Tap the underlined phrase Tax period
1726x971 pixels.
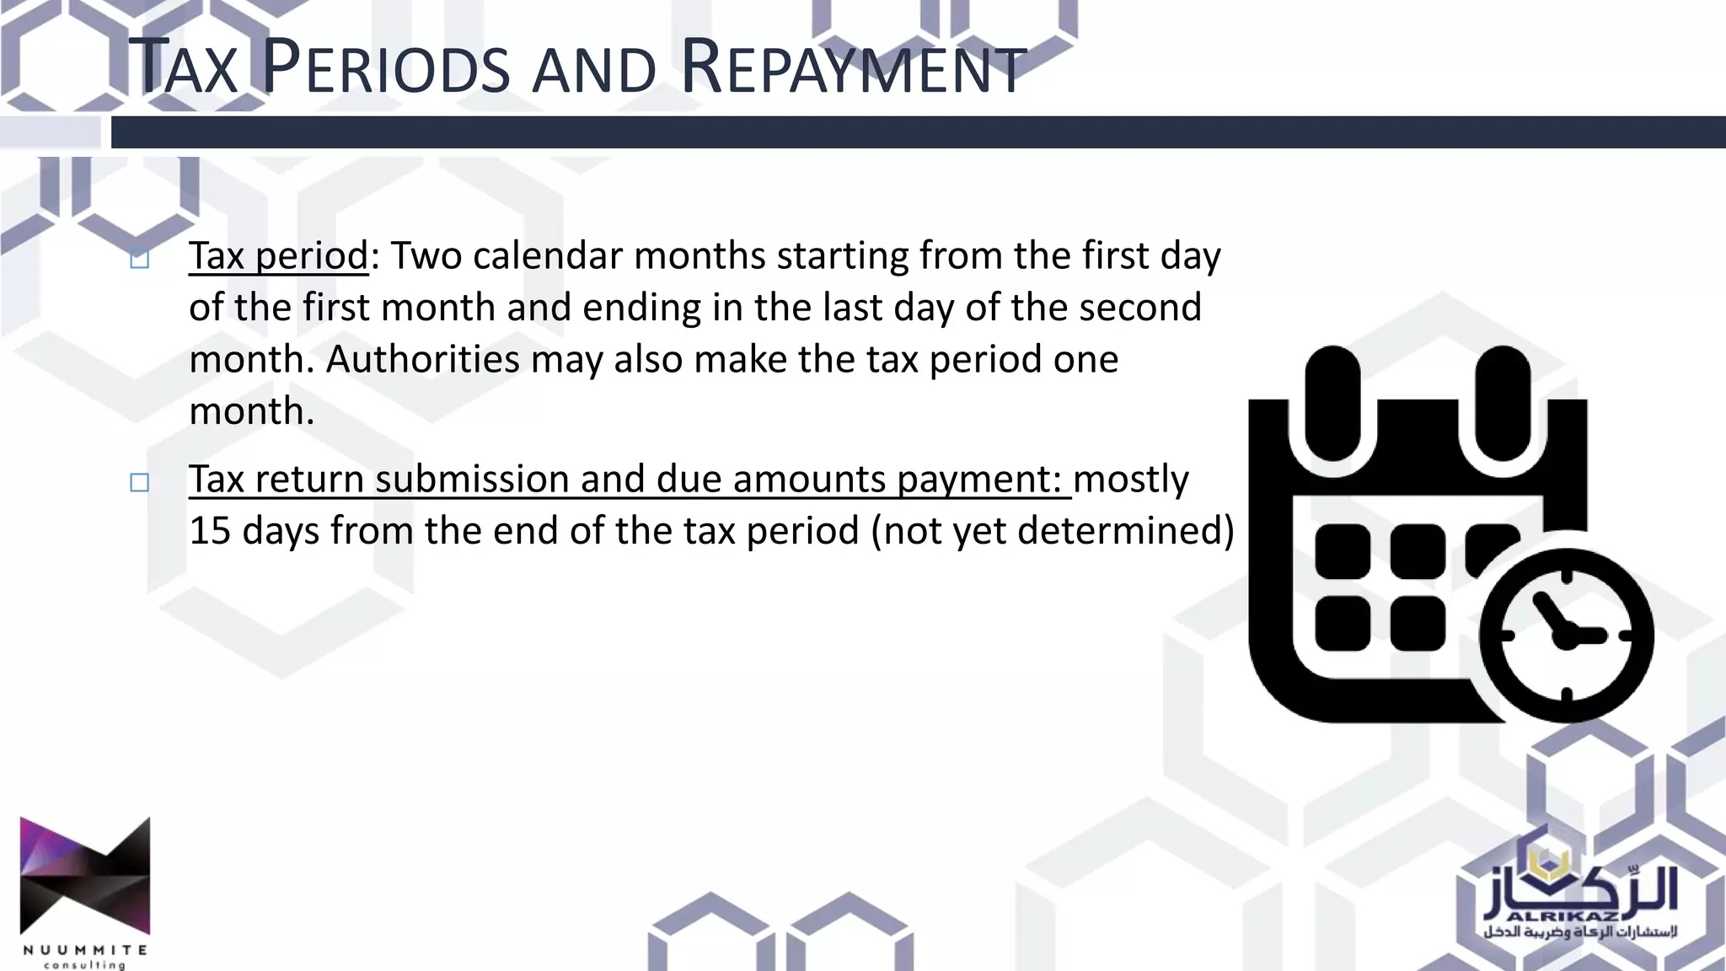tap(278, 255)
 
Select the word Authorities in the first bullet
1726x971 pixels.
tap(422, 359)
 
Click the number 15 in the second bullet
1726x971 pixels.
tap(210, 530)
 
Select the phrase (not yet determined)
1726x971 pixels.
tap(1053, 530)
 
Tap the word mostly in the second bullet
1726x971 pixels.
tap(1131, 479)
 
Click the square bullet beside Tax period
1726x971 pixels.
tap(140, 259)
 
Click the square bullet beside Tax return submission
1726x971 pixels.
tap(140, 482)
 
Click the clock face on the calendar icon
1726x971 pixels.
tap(1566, 635)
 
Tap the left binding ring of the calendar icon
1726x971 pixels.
tap(1332, 402)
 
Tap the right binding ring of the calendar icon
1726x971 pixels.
tap(1503, 402)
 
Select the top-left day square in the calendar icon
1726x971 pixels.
tap(1343, 551)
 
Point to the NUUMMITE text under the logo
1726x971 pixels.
tap(85, 950)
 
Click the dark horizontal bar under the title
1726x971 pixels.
tap(917, 132)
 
